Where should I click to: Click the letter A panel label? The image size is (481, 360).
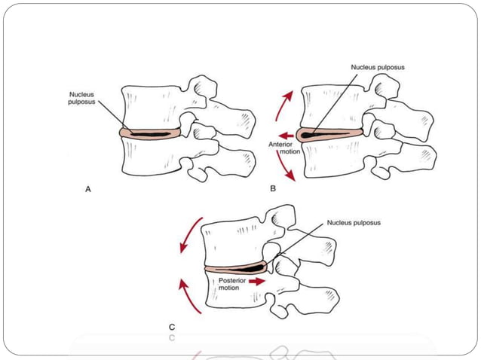click(x=87, y=190)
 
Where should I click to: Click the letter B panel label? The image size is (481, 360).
click(x=273, y=189)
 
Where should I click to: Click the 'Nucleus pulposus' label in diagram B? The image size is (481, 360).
click(x=378, y=67)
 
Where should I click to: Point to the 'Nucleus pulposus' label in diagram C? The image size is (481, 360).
click(x=353, y=223)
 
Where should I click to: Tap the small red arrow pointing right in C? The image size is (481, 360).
click(x=259, y=281)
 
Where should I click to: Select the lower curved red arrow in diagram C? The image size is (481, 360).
click(x=192, y=295)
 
